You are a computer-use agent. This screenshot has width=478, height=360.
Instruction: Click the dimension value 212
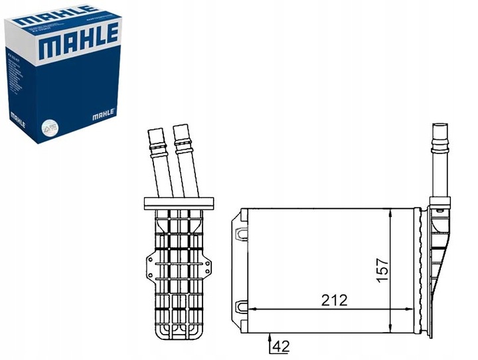point(335,300)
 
